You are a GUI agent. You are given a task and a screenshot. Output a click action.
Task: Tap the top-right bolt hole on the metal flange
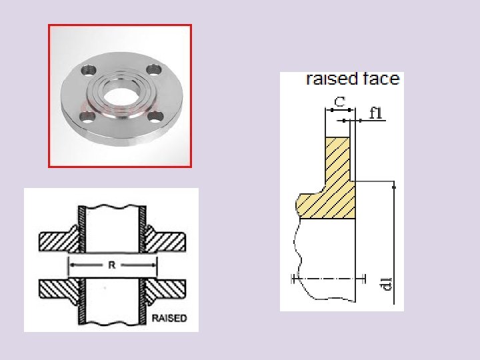coord(153,69)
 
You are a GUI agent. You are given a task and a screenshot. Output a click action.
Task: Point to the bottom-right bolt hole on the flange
coord(156,119)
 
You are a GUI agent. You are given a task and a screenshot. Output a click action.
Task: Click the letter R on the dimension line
coord(112,265)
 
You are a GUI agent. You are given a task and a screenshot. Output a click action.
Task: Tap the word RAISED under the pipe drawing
coord(169,319)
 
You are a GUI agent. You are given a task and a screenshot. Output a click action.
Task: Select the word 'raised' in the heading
coord(332,79)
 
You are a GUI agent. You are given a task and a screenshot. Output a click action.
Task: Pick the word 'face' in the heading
coord(381,79)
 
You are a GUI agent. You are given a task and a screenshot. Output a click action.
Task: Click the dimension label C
coord(339,102)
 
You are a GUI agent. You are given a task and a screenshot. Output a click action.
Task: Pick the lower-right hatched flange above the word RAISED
coord(167,289)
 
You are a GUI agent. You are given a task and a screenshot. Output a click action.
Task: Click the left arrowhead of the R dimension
coord(69,265)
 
